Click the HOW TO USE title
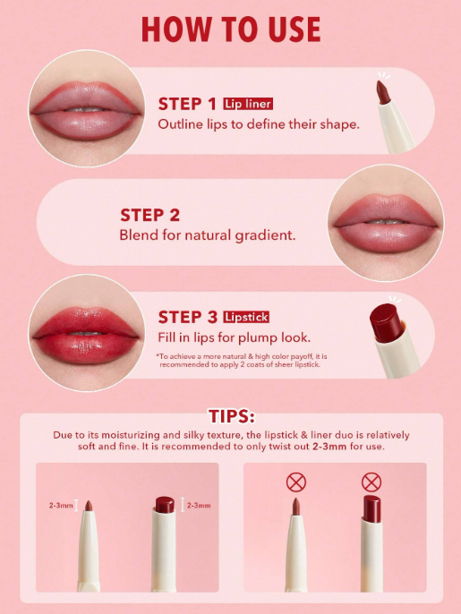(x=231, y=29)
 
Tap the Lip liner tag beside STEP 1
(x=248, y=104)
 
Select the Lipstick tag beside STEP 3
(x=246, y=317)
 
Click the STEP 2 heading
(x=150, y=215)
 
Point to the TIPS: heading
(x=232, y=416)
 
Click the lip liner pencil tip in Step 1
(x=382, y=92)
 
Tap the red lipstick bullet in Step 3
(x=386, y=322)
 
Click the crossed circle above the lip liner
(x=296, y=482)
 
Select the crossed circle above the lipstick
(x=371, y=482)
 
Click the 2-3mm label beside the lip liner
(x=61, y=506)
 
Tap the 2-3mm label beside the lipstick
(x=199, y=506)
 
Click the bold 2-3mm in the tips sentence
(x=329, y=447)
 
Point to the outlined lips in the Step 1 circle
(x=86, y=109)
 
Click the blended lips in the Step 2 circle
(x=386, y=222)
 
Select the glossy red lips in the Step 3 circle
(x=86, y=336)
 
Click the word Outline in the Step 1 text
(x=181, y=124)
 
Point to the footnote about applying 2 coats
(x=242, y=360)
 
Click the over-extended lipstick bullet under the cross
(x=371, y=509)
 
